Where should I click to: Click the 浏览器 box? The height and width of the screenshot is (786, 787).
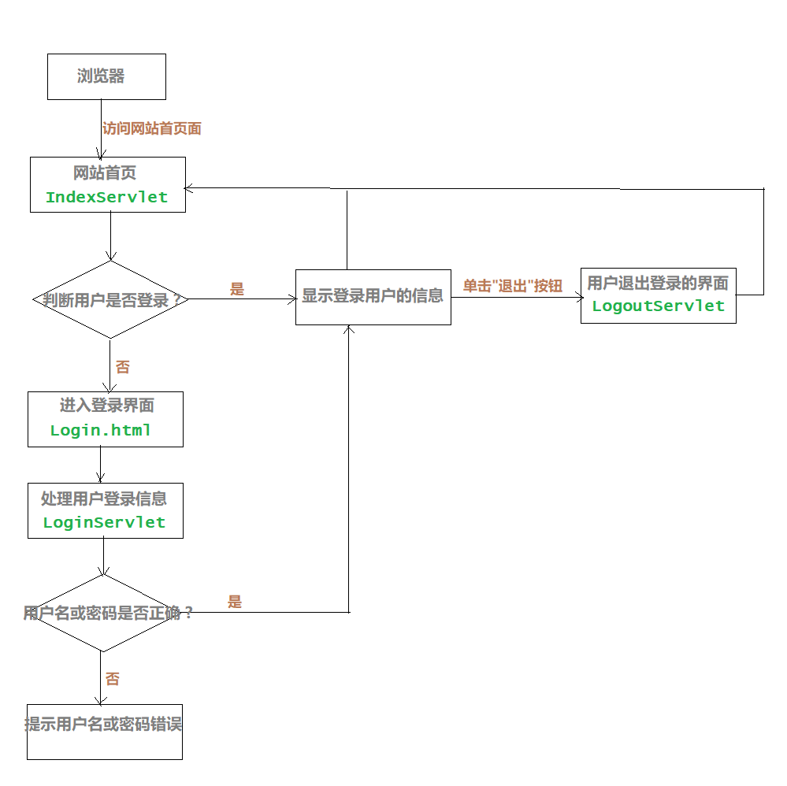click(106, 76)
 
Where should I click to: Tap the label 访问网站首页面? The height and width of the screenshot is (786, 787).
click(152, 128)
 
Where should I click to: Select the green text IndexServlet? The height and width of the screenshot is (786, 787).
click(106, 197)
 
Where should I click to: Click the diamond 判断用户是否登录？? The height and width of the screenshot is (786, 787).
click(110, 300)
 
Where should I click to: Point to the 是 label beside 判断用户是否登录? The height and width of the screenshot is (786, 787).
click(237, 289)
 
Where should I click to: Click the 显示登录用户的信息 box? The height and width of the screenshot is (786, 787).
click(373, 297)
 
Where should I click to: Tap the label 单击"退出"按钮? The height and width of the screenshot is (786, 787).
click(512, 286)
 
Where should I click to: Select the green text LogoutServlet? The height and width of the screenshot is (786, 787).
click(658, 306)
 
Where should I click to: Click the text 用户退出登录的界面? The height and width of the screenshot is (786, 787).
click(658, 284)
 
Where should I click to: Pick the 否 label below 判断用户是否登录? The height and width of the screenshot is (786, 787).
click(123, 367)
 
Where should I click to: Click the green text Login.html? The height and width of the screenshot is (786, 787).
click(100, 430)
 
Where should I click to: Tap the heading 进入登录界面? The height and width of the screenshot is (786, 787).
click(106, 406)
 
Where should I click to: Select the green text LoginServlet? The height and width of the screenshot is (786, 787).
click(104, 522)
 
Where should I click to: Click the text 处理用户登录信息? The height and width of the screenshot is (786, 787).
click(104, 499)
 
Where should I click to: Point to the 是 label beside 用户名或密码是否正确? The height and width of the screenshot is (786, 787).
click(235, 602)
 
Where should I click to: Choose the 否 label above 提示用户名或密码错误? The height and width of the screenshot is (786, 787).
click(113, 679)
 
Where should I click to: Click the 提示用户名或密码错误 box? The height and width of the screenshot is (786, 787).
click(104, 732)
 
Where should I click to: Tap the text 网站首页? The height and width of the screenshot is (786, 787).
click(105, 172)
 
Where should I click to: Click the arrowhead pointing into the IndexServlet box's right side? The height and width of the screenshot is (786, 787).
click(190, 187)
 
